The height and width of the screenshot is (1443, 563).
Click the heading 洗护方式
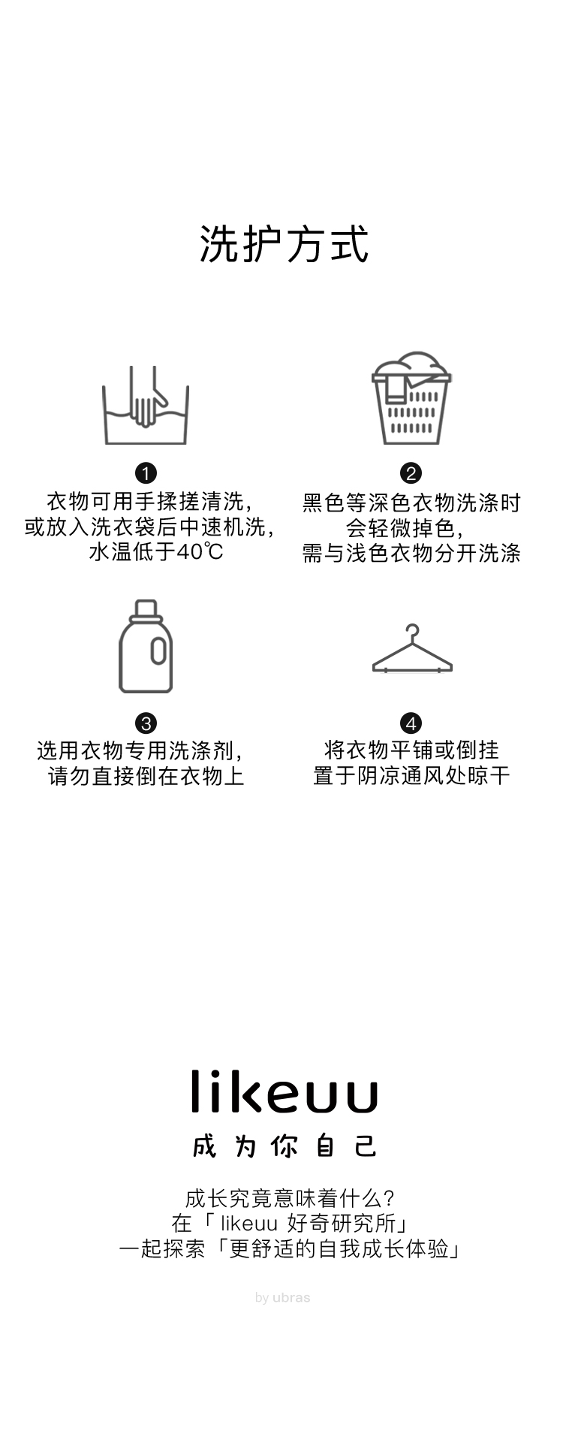[x=284, y=244]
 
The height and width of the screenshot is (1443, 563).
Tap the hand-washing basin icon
[x=146, y=406]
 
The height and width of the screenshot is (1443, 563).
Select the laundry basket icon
[x=411, y=398]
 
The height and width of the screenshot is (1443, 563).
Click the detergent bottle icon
[x=146, y=647]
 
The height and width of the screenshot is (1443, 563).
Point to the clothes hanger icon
[x=412, y=651]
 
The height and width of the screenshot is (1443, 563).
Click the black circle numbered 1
[x=146, y=473]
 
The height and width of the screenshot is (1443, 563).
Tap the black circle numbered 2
[x=411, y=473]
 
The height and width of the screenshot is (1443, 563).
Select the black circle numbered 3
[x=146, y=723]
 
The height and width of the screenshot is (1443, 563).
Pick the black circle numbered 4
[x=411, y=723]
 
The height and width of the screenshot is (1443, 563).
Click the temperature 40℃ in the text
[x=200, y=552]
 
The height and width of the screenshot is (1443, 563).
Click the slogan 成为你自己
[x=284, y=1146]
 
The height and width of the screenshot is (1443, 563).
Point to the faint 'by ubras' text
[x=282, y=1297]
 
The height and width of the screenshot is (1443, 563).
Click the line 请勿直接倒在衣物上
[x=146, y=776]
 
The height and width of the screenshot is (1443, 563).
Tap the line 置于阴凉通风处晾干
[x=411, y=776]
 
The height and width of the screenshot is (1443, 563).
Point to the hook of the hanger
[x=411, y=631]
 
